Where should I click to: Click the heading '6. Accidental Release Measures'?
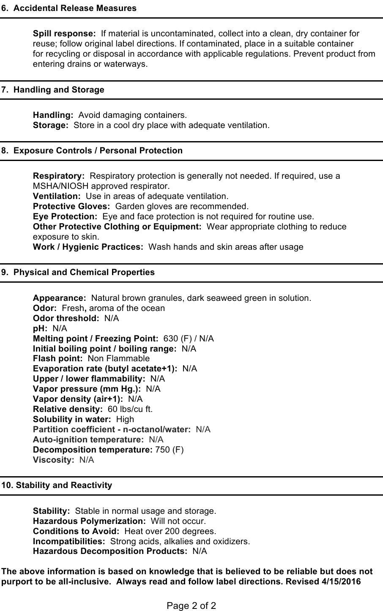(69, 8)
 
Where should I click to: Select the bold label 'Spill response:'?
(64, 33)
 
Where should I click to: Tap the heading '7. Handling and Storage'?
(53, 90)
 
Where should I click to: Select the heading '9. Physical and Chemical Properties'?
(78, 272)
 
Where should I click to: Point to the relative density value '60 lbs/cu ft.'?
(130, 409)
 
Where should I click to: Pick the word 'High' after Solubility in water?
(125, 419)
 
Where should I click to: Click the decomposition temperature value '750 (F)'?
(169, 450)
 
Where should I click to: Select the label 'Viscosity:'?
(54, 460)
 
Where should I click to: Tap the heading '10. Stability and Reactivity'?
(57, 485)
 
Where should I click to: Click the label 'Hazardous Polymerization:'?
(89, 521)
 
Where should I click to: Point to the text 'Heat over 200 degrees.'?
(170, 531)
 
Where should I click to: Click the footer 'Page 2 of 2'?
(191, 606)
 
